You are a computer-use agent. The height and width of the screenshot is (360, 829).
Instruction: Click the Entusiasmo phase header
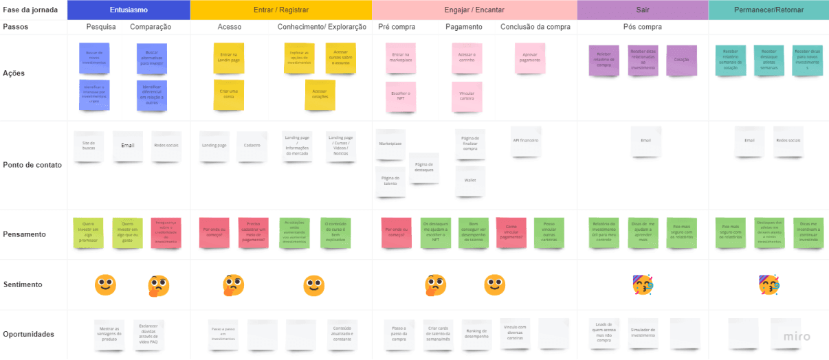129,10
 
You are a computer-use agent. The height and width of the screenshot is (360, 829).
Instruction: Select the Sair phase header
642,10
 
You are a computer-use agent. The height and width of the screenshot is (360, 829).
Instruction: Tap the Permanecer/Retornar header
768,10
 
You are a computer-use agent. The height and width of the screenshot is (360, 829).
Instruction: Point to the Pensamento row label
24,234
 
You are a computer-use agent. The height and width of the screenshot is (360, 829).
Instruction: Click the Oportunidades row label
28,335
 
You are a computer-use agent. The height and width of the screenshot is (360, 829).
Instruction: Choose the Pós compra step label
642,27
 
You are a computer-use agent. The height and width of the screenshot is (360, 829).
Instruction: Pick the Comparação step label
151,27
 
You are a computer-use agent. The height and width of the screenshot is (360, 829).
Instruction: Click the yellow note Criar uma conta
229,94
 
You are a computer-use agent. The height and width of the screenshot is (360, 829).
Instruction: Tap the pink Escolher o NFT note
399,95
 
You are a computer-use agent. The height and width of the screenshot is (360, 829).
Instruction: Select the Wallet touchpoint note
470,181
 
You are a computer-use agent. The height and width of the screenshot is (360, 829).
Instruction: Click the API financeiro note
526,141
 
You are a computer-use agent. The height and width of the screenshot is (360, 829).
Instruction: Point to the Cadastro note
252,146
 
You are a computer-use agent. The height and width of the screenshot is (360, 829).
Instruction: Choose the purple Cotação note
681,60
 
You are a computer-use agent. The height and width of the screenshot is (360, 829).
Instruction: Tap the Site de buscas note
89,146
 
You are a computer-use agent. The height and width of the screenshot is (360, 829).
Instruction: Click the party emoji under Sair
642,284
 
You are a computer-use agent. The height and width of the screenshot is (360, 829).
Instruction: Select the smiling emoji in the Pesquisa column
105,284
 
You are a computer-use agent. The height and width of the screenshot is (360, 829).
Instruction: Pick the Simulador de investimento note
643,333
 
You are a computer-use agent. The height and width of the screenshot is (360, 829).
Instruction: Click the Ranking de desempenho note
476,333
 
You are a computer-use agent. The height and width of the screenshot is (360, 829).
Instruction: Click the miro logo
797,337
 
